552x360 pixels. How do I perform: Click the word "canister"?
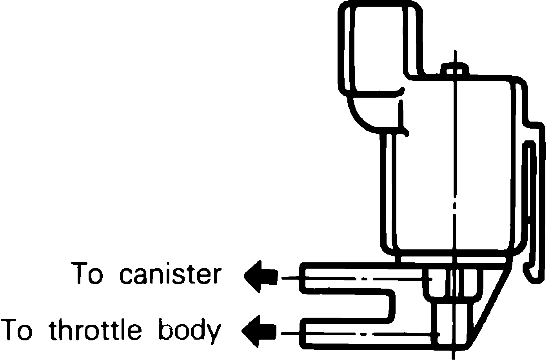(170, 274)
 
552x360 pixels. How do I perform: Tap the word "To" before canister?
(87, 274)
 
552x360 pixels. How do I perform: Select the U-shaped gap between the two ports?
(349, 305)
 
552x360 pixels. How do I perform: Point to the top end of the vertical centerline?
(454, 52)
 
